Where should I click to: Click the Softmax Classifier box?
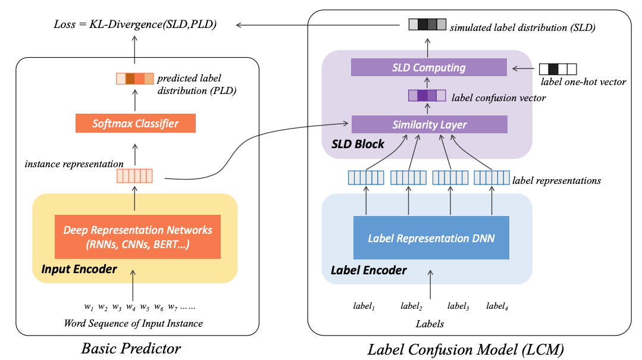[x=135, y=124]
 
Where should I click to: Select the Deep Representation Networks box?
[x=137, y=237]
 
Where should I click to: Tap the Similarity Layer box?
[x=429, y=124]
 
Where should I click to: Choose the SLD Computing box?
[x=428, y=67]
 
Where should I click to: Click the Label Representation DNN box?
[x=431, y=238]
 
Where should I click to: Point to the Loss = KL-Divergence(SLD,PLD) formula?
[x=134, y=25]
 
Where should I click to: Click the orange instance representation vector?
[x=134, y=176]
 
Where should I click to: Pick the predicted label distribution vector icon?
[x=134, y=78]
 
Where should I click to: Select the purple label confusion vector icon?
[x=427, y=95]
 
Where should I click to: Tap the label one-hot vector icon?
[x=558, y=68]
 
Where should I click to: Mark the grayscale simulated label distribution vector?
[x=427, y=25]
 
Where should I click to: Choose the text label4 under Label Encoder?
[x=497, y=306]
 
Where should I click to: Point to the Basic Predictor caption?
[x=131, y=348]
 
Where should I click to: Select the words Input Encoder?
[x=79, y=269]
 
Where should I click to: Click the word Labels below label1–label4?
[x=430, y=324]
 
